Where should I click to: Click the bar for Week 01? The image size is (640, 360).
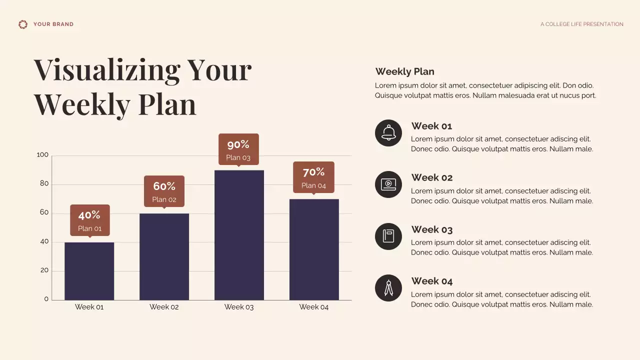coord(89,271)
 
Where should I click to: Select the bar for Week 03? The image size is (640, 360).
coord(239,235)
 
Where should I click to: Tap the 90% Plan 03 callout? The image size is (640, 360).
coord(238,149)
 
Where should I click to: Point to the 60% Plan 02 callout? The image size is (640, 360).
coord(164,191)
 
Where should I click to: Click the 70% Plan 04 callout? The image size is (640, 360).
coord(313,177)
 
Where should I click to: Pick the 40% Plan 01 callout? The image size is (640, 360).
coord(89,220)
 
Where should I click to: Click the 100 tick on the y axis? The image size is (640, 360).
coord(43,155)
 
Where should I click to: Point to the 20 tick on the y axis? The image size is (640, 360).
coord(44,270)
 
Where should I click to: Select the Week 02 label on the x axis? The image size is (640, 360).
coord(164,307)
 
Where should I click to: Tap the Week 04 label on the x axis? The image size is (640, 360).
coord(313,307)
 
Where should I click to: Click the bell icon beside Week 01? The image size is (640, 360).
coord(388,133)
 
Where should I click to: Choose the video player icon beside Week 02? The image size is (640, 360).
coord(388,184)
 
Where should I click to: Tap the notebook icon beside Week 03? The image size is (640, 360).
coord(388,236)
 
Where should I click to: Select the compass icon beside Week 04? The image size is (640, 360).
coord(388,288)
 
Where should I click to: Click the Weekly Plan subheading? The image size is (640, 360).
coord(404,71)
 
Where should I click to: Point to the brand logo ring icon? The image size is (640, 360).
coord(23,24)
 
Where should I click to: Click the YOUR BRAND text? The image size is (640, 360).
coord(53,24)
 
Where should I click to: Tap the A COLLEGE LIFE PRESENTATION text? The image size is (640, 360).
coord(581,24)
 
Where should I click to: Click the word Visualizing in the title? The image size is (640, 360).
coord(106,70)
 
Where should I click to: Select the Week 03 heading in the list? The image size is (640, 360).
coord(431,229)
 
